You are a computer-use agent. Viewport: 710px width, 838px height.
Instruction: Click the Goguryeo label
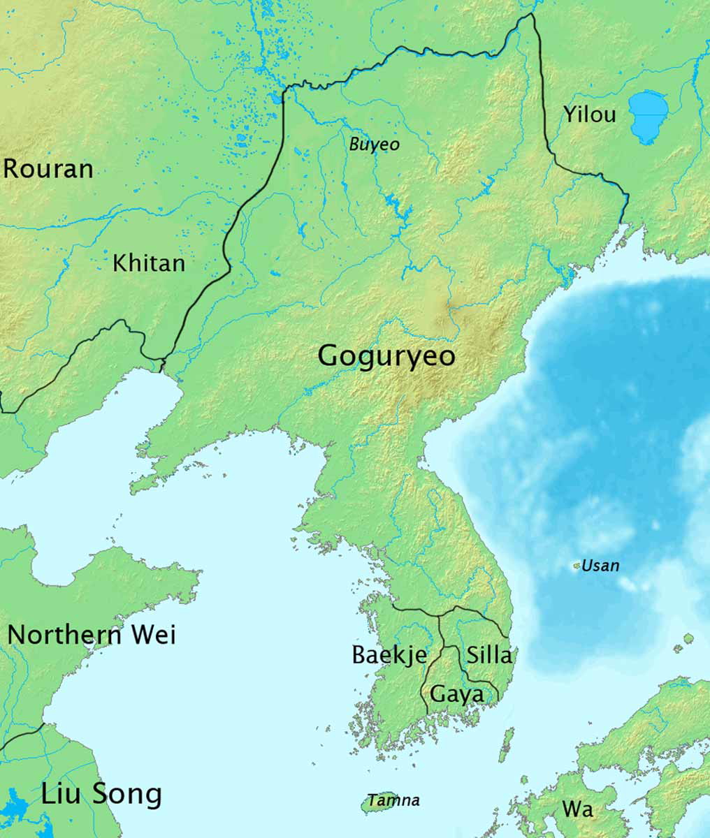coord(386,356)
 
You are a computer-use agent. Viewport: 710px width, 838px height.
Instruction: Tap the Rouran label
coord(48,169)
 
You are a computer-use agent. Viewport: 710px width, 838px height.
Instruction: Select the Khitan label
coord(149,263)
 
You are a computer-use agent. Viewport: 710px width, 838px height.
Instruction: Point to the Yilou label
coord(590,115)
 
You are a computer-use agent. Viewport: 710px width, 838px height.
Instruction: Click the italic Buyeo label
coord(375,145)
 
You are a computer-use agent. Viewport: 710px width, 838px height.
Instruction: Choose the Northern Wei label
coord(92,635)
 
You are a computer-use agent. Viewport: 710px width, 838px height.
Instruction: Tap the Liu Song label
coord(101,794)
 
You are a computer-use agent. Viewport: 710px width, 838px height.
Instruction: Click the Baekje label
coord(389,655)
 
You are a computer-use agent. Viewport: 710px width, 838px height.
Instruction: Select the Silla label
coord(489,655)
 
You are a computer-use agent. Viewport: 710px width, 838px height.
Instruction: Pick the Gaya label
coord(457,694)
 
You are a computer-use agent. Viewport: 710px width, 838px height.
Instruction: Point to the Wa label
coord(578,809)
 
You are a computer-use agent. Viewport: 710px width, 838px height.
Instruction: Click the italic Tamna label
coord(394,800)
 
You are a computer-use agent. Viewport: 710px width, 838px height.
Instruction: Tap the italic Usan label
coord(600,566)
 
